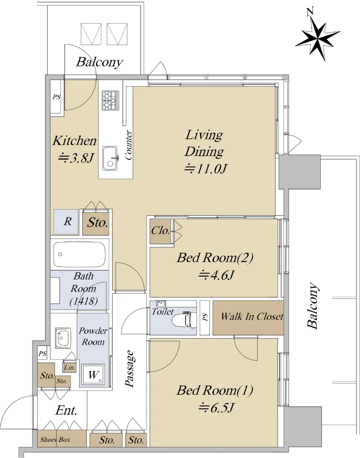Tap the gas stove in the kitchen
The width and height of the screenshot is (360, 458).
[x=110, y=100]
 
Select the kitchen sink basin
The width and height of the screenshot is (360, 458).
[x=110, y=158]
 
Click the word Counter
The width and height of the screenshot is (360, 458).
[x=128, y=145]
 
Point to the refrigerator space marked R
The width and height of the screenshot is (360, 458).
[x=66, y=222]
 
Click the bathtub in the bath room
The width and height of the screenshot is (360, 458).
[x=79, y=255]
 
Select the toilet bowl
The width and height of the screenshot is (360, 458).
[x=184, y=321]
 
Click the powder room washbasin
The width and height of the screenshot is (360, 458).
[x=63, y=338]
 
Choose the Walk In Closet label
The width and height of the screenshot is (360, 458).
[x=252, y=316]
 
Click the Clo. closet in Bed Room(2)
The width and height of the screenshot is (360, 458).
[x=161, y=231]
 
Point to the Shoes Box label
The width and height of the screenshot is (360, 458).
[x=55, y=440]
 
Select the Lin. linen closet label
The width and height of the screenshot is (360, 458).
[x=69, y=368]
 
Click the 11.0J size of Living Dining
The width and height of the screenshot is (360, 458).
[x=205, y=169]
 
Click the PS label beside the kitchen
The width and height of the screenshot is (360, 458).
[x=57, y=97]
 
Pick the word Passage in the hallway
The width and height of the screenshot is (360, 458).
[x=130, y=369]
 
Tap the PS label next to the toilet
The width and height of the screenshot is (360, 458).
[x=205, y=317]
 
